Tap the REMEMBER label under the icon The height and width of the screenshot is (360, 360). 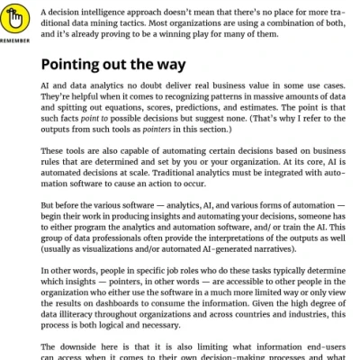click(x=19, y=40)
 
